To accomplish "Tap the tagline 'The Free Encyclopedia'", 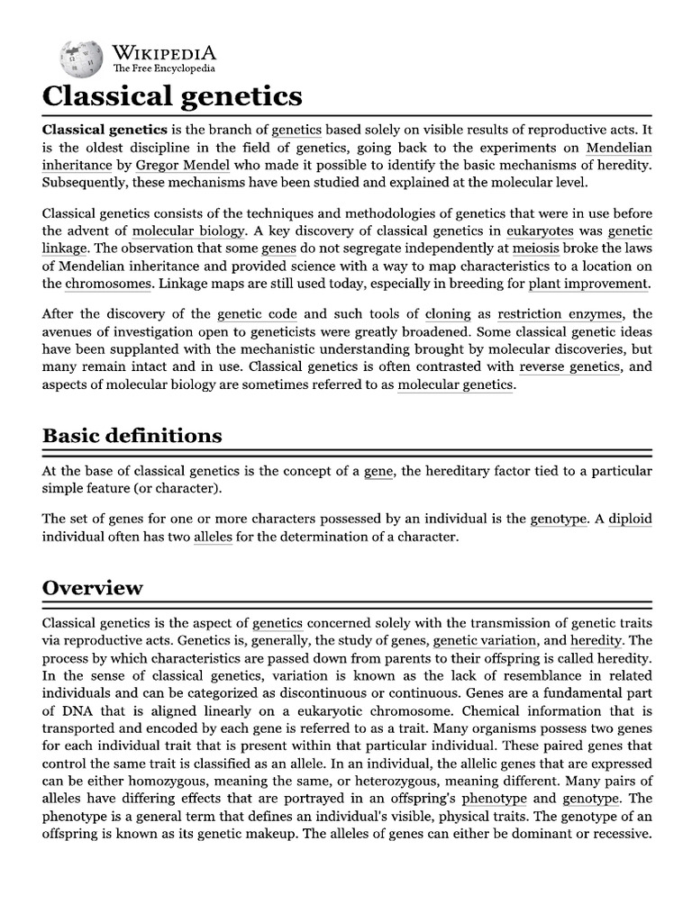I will coord(163,68).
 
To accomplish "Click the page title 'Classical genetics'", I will coord(172,95).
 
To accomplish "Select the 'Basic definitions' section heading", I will coord(132,435).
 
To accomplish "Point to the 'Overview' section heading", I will coord(92,587).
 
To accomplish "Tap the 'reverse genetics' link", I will coord(569,366).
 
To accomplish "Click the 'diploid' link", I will coord(630,519).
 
